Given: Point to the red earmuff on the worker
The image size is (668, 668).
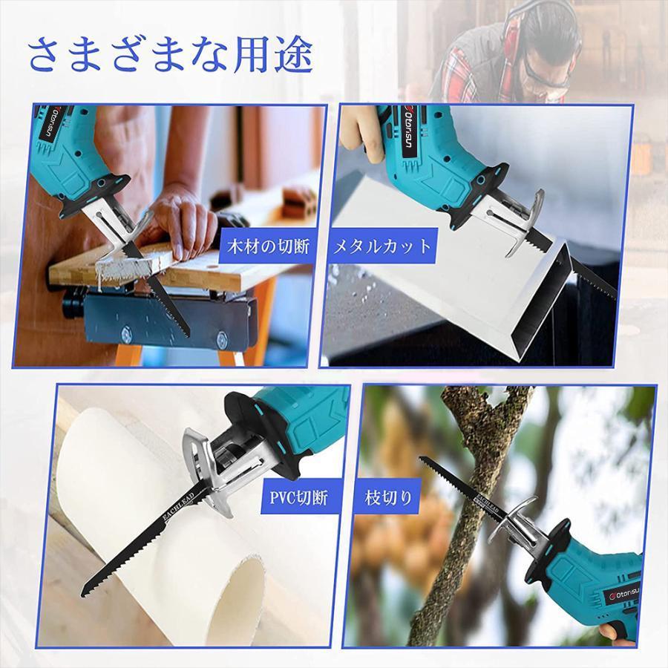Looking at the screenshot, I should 516,30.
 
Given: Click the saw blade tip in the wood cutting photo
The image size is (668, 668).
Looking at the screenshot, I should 186,333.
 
